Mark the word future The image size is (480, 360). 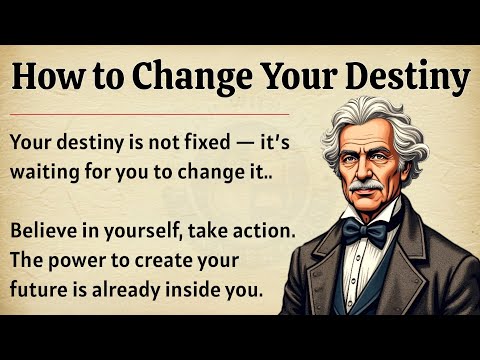click(39, 292)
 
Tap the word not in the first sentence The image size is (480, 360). click(155, 142)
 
